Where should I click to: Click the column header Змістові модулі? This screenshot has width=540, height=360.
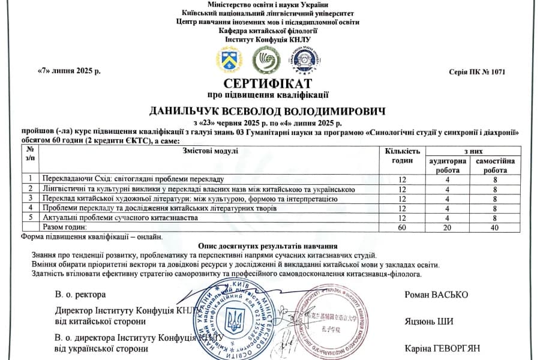(x=211, y=151)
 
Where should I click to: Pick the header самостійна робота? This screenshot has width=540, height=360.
(x=494, y=166)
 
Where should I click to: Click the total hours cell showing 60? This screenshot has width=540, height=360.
(x=402, y=228)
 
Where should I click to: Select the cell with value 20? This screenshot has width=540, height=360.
(x=445, y=228)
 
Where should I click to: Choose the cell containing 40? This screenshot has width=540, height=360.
(x=495, y=228)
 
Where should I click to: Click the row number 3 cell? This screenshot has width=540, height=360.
(x=30, y=199)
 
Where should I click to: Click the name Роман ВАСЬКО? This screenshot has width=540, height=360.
(x=436, y=295)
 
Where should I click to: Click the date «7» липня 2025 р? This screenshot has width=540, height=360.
(x=69, y=71)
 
